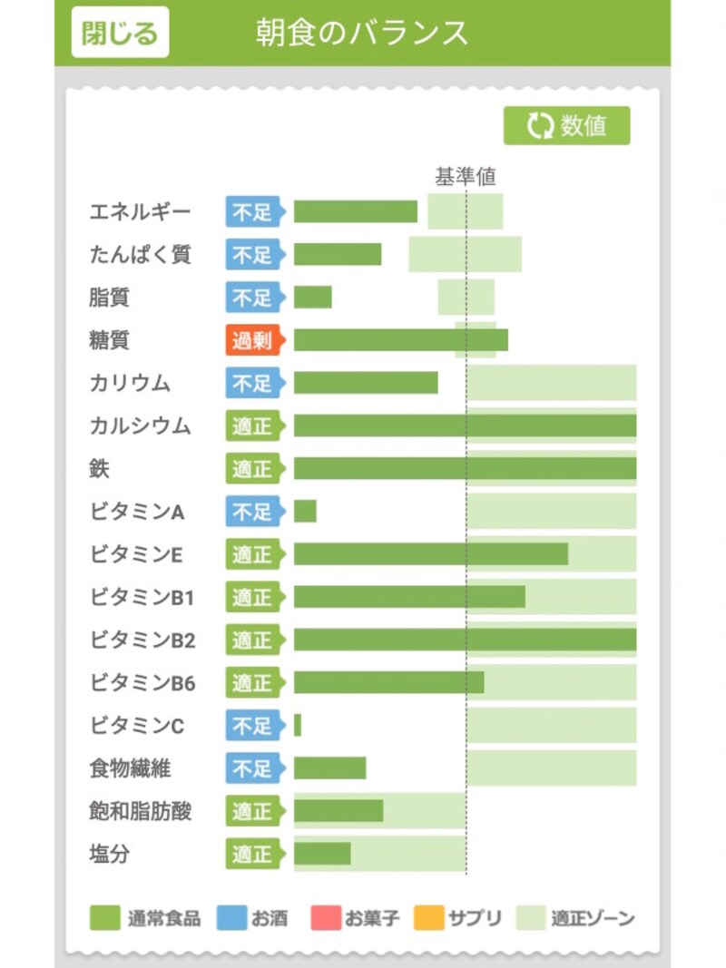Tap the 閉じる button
click(120, 34)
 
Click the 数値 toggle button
click(566, 126)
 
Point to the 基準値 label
click(465, 177)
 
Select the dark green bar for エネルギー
click(355, 211)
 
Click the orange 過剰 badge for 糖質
click(253, 340)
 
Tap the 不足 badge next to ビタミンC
click(253, 726)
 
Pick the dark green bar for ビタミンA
click(305, 512)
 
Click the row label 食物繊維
click(130, 768)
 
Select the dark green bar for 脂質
click(312, 297)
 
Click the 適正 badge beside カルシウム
click(253, 425)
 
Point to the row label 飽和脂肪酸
click(141, 811)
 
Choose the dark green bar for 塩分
click(321, 854)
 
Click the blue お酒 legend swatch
click(231, 917)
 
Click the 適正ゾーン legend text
click(593, 918)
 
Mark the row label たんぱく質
click(141, 254)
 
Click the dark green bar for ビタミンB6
click(388, 682)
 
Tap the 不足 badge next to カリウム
click(253, 383)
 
